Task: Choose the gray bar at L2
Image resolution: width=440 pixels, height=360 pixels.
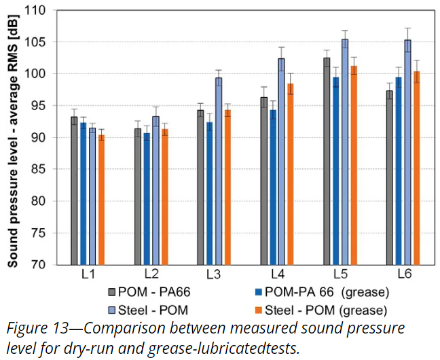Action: (x=138, y=196)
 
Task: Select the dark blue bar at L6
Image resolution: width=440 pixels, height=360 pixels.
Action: (x=399, y=170)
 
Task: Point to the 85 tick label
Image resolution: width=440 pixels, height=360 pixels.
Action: (x=48, y=170)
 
